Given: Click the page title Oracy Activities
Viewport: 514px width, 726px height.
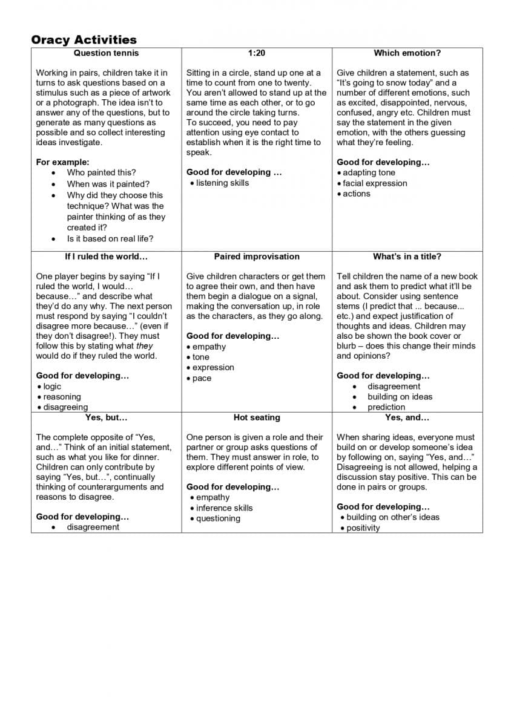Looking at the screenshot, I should click(84, 40).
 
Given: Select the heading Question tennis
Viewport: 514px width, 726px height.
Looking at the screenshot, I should click(106, 53).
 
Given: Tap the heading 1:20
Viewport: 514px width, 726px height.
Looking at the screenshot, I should click(257, 53).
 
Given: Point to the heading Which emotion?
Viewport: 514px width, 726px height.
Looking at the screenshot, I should click(407, 53).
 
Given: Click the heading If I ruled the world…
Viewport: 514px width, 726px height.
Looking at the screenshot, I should click(106, 257).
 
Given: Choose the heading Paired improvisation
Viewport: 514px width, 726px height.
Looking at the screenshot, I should click(257, 257).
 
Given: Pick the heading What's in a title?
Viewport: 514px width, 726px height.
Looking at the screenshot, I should click(407, 257).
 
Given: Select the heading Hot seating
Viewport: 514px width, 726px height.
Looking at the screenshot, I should click(257, 417).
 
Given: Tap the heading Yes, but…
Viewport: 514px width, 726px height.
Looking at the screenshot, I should click(106, 417).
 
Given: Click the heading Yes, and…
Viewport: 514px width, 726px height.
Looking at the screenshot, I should click(407, 417).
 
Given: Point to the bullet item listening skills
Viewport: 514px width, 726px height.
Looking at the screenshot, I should click(222, 183).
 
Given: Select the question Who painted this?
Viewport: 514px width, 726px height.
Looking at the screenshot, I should click(101, 173).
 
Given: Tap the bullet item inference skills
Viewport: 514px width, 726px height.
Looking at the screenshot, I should click(224, 508).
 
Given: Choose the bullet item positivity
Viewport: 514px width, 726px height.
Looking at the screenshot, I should click(363, 528).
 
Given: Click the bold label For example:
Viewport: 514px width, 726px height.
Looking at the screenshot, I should click(62, 162).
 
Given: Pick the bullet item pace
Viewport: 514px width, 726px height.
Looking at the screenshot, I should click(202, 379).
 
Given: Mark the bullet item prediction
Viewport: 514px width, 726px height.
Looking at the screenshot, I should click(386, 407).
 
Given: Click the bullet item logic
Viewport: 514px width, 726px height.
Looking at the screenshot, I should click(52, 387).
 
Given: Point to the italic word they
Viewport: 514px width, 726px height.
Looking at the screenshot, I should click(145, 346).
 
